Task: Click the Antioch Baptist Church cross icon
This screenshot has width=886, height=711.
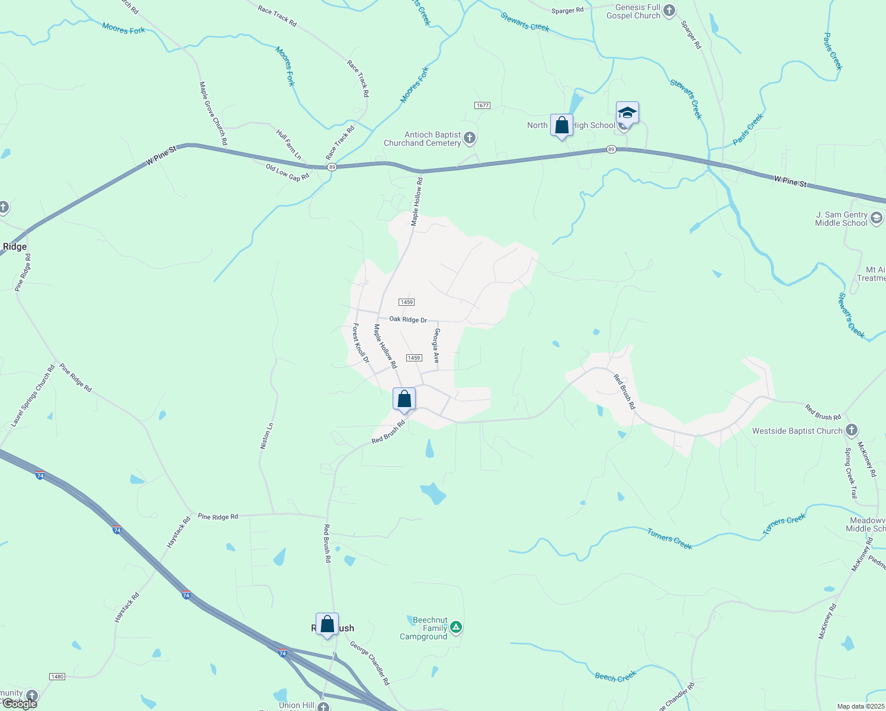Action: (x=470, y=139)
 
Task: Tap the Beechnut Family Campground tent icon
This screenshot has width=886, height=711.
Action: (x=455, y=627)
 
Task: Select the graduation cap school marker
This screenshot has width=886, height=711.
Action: (x=627, y=113)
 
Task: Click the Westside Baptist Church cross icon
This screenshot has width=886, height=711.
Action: (x=852, y=430)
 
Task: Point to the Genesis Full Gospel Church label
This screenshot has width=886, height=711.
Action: (x=633, y=11)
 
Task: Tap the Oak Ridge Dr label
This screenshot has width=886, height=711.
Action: (x=408, y=319)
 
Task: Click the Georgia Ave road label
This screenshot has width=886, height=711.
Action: (x=437, y=345)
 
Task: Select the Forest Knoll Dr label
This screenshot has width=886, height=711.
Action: (x=361, y=343)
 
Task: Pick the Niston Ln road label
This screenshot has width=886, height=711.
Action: (x=267, y=435)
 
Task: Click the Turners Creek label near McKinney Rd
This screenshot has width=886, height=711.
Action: (x=784, y=525)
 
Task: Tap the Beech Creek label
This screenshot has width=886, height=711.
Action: (x=615, y=676)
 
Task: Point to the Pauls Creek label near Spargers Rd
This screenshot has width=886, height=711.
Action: (x=748, y=129)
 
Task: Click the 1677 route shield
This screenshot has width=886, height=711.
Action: (x=482, y=105)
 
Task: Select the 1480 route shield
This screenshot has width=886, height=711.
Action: (x=57, y=677)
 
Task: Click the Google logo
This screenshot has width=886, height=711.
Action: (x=20, y=704)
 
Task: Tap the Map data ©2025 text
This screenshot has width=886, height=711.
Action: (x=860, y=706)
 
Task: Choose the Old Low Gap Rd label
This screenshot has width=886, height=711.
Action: (x=287, y=173)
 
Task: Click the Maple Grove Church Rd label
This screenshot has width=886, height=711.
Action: (x=213, y=113)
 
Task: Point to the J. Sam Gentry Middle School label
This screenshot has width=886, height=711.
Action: (x=841, y=219)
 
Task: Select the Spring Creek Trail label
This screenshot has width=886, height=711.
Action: (x=850, y=473)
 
